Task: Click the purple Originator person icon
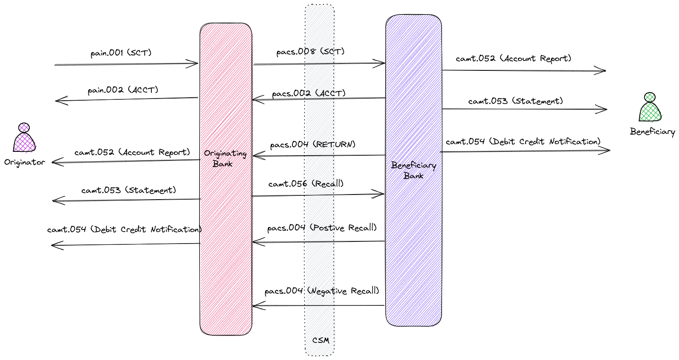(24, 138)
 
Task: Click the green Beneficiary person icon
(650, 108)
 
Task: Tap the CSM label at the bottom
(321, 340)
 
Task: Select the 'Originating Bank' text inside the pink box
(225, 158)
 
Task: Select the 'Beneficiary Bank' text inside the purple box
(413, 170)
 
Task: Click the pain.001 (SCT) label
(121, 53)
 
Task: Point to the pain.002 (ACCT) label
(123, 90)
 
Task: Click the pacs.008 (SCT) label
(310, 52)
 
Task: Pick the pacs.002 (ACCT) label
(309, 93)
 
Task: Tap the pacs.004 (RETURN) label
(312, 145)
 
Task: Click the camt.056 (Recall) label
(306, 184)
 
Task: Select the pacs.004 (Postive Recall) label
(322, 228)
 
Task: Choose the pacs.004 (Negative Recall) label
(322, 291)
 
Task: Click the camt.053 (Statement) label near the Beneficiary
(515, 101)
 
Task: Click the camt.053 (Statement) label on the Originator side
(129, 190)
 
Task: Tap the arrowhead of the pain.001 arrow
(195, 64)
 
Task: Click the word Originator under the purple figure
(24, 162)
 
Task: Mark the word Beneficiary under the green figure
(652, 132)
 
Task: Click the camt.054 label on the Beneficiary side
(523, 142)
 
